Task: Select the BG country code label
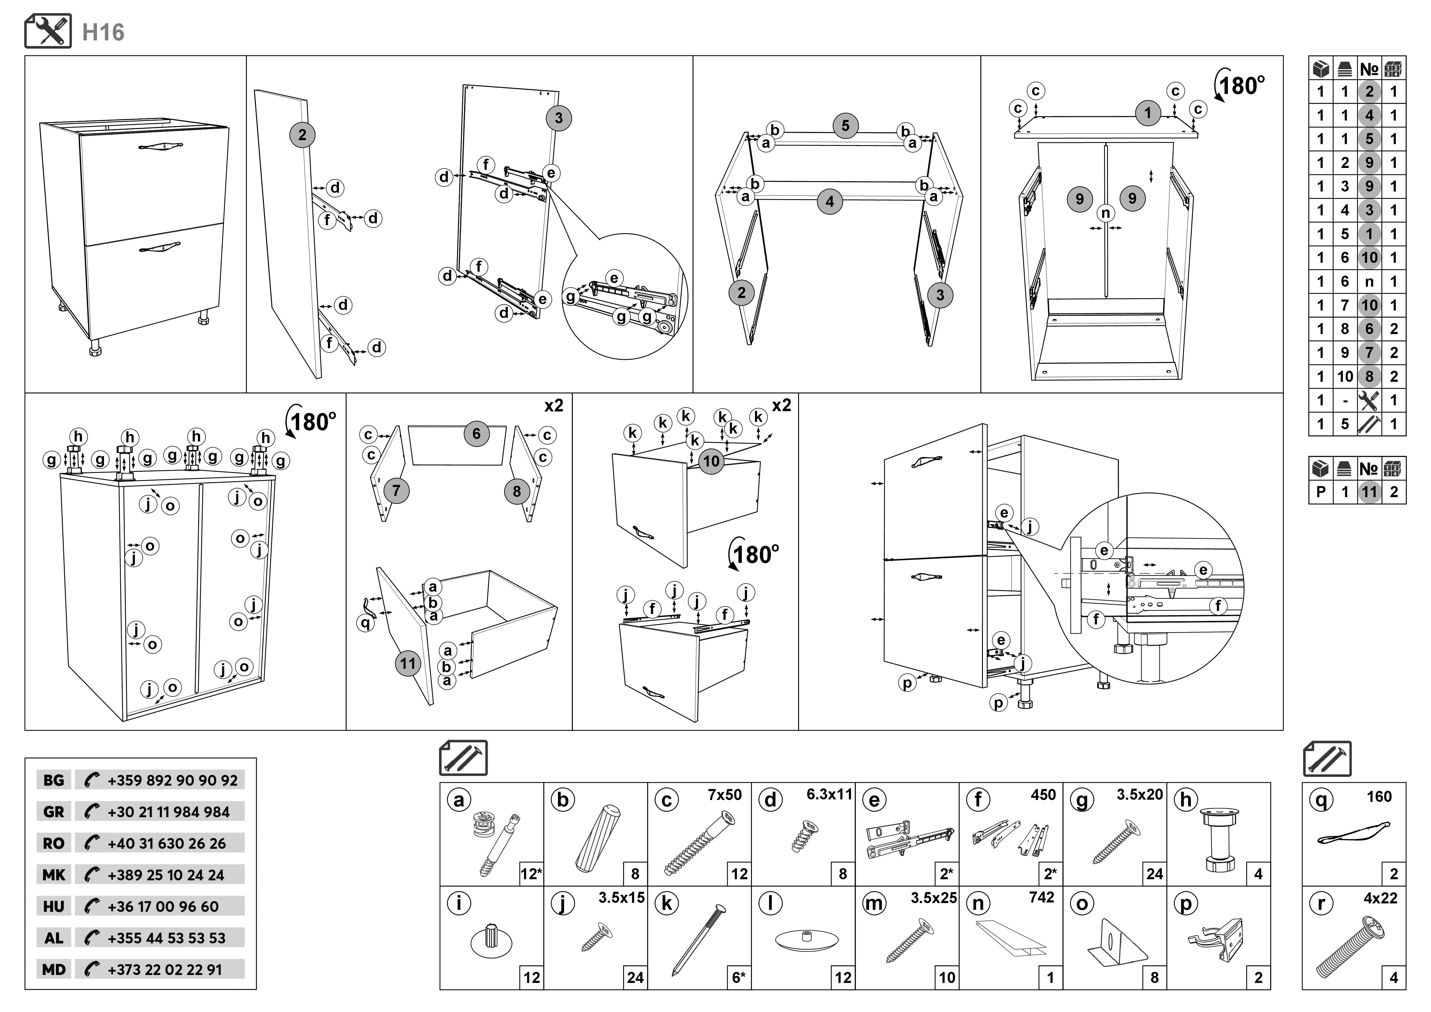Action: coord(54,780)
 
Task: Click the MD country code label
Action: coord(54,969)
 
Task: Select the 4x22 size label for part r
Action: coord(1380,899)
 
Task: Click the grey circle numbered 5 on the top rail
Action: coord(845,125)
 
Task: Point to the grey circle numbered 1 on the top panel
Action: coord(1147,113)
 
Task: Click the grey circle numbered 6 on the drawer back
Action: coord(476,434)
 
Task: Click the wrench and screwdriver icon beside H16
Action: coord(48,31)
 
